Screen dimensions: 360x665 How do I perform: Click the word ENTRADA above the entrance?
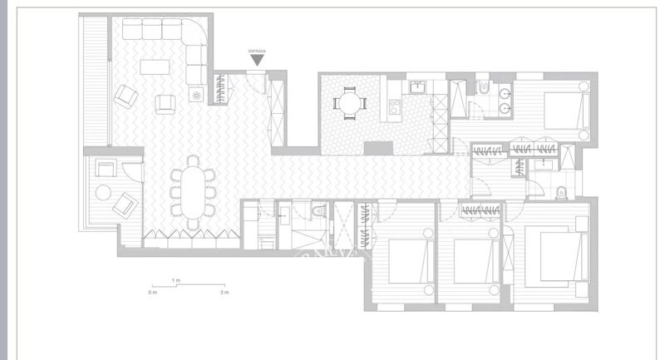point(257,51)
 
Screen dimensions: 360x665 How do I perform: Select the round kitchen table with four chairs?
point(348,103)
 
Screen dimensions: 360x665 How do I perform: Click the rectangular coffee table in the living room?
point(158,65)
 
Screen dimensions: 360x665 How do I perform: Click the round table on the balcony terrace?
point(103,192)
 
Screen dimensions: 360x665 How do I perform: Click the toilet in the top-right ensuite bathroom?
point(483,88)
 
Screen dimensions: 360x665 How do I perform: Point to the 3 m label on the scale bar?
point(224,293)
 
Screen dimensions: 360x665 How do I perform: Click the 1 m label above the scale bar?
point(175,280)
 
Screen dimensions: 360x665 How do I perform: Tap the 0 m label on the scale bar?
point(152,293)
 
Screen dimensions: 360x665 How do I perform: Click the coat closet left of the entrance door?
point(222,89)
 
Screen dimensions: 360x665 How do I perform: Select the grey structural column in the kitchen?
point(380,147)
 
